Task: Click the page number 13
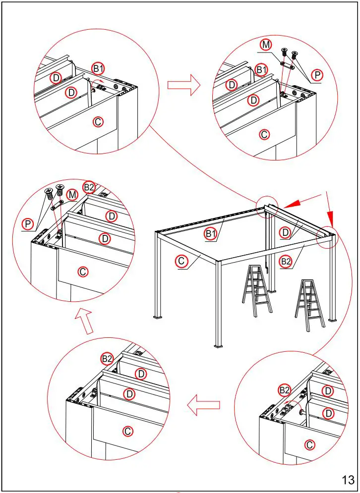[x=348, y=480]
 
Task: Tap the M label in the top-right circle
[x=266, y=45]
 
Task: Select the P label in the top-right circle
[x=318, y=75]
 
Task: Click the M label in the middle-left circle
[x=72, y=195]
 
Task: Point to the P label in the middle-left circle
[x=28, y=224]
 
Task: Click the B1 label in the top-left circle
[x=97, y=68]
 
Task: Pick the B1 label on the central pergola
[x=211, y=233]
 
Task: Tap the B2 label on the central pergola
[x=286, y=261]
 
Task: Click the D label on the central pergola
[x=285, y=232]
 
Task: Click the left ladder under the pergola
[x=257, y=290]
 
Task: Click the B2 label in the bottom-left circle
[x=107, y=358]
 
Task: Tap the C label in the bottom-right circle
[x=309, y=444]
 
